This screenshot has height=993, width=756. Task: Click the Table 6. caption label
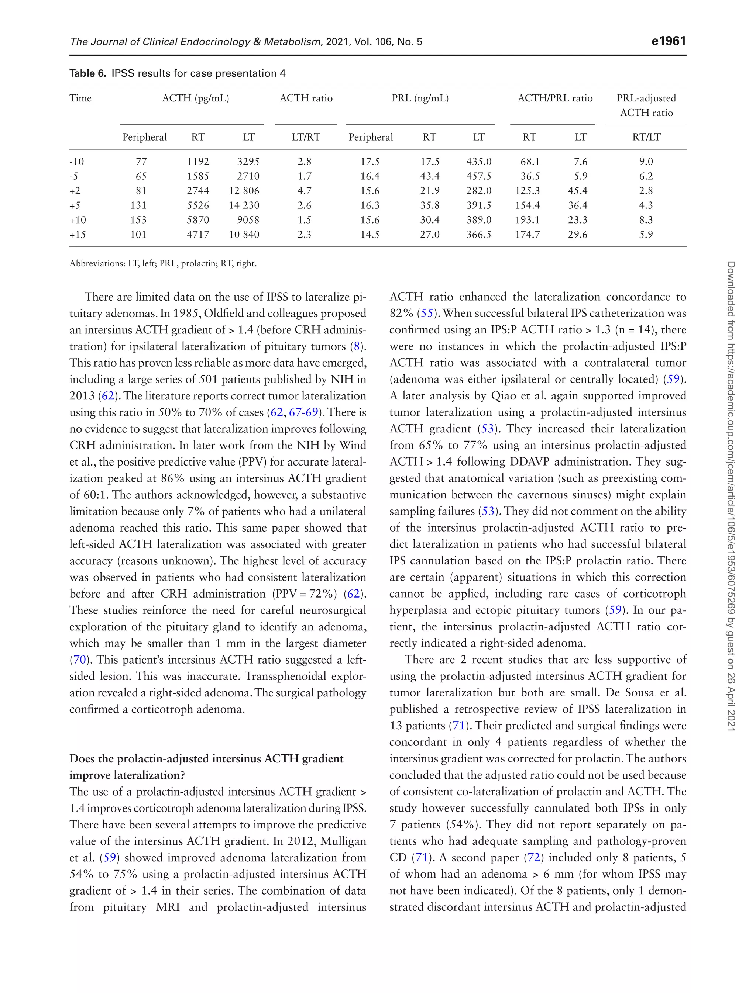coord(88,73)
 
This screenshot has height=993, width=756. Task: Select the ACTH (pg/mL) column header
coord(195,98)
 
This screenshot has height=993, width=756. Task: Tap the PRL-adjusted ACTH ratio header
coord(646,105)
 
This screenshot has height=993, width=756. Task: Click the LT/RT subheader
coord(306,137)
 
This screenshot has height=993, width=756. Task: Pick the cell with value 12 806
coord(244,191)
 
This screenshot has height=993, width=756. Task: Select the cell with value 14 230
coord(244,205)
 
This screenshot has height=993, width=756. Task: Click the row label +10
coord(78,220)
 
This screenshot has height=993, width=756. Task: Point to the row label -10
coord(76,162)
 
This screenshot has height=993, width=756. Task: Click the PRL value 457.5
coord(479,176)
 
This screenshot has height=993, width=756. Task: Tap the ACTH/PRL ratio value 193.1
coord(528,220)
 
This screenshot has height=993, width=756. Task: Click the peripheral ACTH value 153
coord(138,220)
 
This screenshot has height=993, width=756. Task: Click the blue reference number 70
coord(79,660)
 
